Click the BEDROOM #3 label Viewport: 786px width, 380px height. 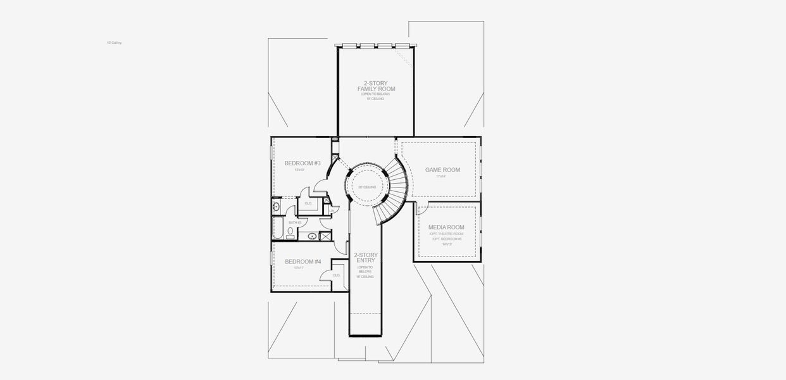(303, 163)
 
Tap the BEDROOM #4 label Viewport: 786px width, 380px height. (303, 262)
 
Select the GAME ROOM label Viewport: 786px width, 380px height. (442, 170)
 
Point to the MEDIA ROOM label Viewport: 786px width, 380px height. (446, 227)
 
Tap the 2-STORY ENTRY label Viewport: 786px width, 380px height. (366, 258)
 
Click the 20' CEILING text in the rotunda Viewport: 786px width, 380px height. (367, 187)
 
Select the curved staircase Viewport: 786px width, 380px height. (396, 190)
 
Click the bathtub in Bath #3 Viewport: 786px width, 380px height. (278, 229)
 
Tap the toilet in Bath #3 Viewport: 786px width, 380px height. (290, 232)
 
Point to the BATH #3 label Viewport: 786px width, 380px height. (295, 223)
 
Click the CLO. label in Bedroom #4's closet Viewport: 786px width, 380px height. (336, 275)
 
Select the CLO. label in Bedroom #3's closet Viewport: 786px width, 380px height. (309, 203)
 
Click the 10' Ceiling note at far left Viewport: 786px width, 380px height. (114, 42)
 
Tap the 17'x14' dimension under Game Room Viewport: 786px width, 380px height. (441, 177)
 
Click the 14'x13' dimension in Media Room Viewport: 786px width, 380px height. (447, 244)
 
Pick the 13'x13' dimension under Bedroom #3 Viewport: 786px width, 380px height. (299, 170)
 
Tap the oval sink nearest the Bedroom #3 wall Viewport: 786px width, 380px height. (277, 206)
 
